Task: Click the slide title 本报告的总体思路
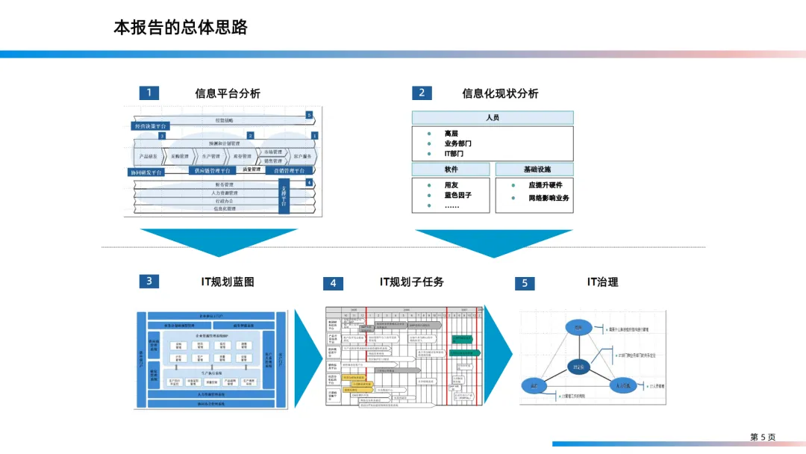coord(181,28)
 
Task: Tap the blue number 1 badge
coord(149,93)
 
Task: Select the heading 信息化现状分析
coord(500,93)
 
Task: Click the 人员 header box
coord(493,117)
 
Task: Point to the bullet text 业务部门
coord(457,143)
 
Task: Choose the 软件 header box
coord(451,170)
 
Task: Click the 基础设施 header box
coord(534,170)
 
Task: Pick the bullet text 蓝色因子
coord(457,195)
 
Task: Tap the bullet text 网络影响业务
coord(549,198)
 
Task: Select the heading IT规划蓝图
coord(228,282)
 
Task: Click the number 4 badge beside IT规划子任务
coord(333,283)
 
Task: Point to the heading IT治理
coord(602,282)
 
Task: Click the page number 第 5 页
coord(763,437)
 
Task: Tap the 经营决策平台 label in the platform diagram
coord(150,126)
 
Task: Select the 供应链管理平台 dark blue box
coord(213,171)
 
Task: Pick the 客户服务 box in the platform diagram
coord(302,157)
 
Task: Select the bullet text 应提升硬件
coord(546,185)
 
